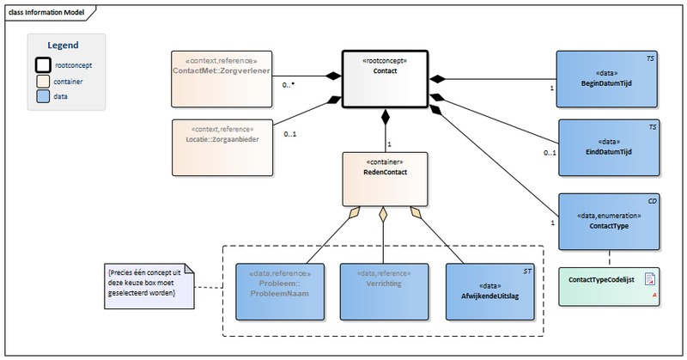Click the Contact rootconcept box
[x=386, y=79]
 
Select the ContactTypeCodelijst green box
[x=606, y=281]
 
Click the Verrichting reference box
[x=380, y=287]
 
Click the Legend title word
[x=63, y=46]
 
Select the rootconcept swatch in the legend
[x=41, y=64]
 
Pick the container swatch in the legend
[x=41, y=81]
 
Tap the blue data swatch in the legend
[x=41, y=97]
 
